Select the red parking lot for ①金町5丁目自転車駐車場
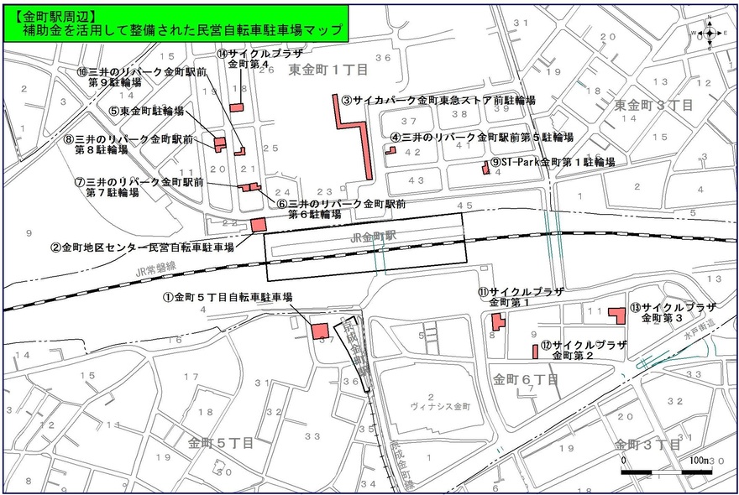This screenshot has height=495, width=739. [x=320, y=330]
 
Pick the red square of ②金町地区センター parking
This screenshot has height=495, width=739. [x=259, y=224]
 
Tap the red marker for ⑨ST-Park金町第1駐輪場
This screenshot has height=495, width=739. [x=485, y=168]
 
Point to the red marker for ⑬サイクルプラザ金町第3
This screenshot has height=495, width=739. [x=618, y=315]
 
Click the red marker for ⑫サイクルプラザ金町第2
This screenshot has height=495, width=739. [x=535, y=350]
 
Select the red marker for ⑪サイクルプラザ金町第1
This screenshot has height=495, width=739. [x=498, y=321]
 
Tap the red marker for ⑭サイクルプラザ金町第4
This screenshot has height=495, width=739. [x=238, y=107]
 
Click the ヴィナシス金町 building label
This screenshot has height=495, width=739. [x=429, y=406]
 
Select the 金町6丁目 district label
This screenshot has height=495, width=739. [x=526, y=380]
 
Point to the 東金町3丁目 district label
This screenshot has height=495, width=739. [x=653, y=106]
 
